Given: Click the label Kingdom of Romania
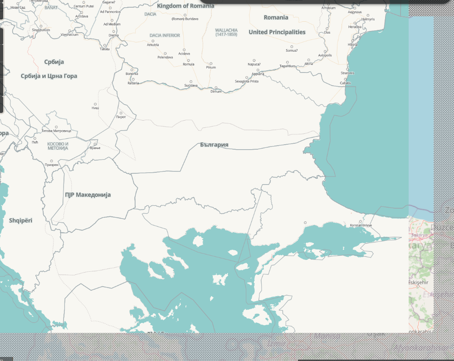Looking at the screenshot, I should (186, 6).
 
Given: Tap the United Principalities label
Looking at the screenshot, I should (277, 32).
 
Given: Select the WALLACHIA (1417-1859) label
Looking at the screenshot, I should (226, 32).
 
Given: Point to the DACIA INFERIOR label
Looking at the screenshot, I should (165, 35).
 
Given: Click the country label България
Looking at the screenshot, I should (214, 145).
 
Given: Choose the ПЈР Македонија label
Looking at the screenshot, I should (88, 195).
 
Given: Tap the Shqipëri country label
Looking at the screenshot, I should (21, 220).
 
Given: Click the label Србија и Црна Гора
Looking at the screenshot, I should (49, 76).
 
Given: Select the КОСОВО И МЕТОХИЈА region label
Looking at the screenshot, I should (58, 146).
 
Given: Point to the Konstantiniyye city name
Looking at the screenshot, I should (361, 225).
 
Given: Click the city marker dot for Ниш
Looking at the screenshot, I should (95, 104).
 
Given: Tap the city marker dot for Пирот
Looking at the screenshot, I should (121, 112).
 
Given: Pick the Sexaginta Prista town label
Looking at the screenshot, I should (247, 81).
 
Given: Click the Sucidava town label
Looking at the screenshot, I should (191, 85).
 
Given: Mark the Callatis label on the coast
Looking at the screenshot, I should (345, 83).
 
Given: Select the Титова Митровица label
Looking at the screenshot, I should (57, 131).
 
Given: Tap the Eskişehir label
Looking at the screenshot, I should (418, 282).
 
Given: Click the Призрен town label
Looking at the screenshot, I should (52, 165).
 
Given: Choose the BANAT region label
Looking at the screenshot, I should (51, 8).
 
